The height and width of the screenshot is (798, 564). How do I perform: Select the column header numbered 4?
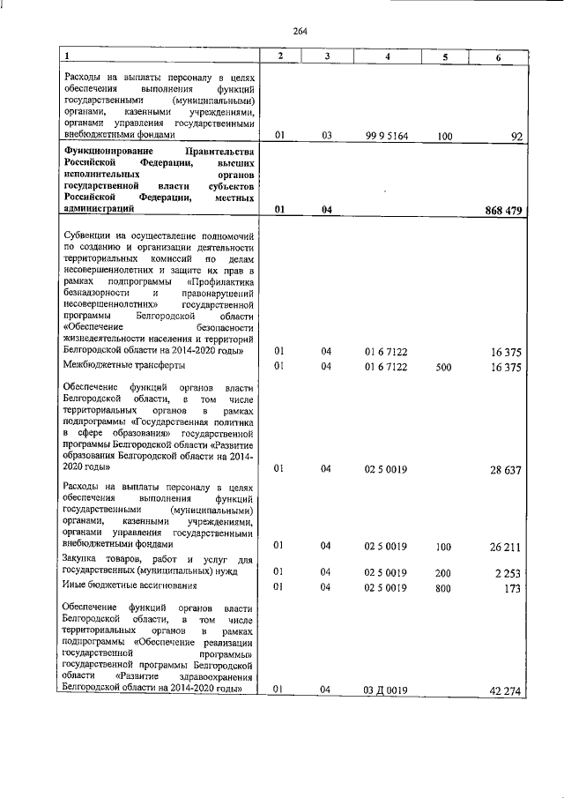(x=387, y=57)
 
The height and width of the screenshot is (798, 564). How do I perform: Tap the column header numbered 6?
(x=499, y=57)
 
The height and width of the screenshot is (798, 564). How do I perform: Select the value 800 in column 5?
(x=443, y=586)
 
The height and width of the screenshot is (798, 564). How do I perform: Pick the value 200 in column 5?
(x=443, y=573)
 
